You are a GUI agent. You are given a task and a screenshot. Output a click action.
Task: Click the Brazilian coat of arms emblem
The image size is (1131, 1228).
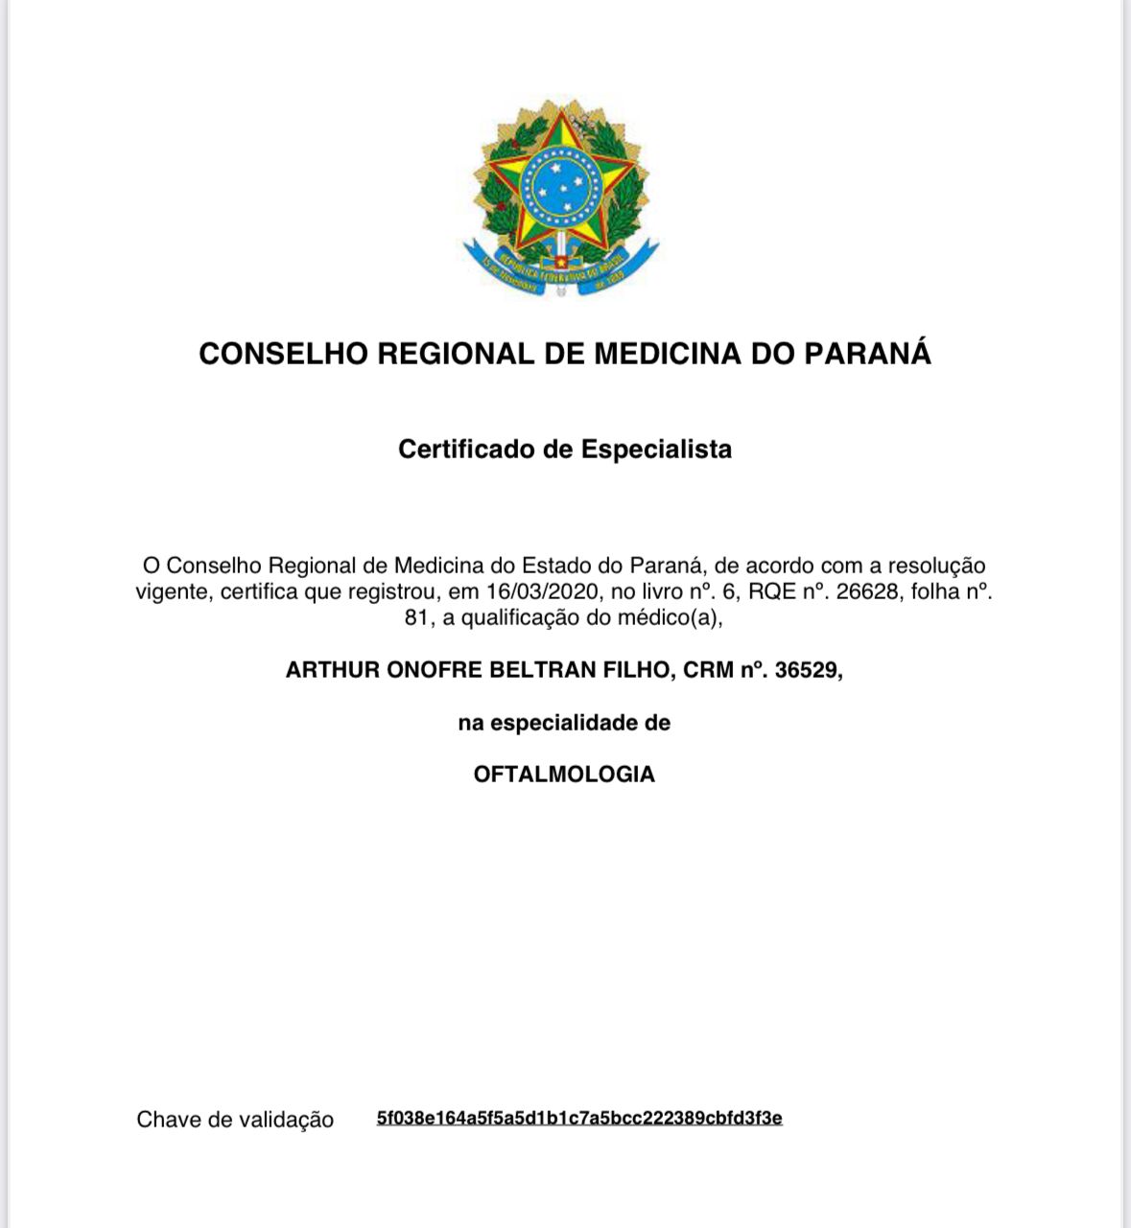561,197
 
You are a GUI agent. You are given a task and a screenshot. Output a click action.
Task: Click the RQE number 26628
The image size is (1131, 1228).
868,591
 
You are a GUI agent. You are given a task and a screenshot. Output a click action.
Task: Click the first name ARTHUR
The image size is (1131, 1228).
332,669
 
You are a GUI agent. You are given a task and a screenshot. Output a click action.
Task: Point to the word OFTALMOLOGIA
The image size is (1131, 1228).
564,774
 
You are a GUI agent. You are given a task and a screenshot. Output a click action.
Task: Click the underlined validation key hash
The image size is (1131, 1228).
579,1118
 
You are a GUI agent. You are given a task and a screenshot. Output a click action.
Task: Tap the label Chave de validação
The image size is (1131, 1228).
235,1120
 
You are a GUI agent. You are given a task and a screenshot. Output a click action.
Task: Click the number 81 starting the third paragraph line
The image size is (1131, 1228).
416,617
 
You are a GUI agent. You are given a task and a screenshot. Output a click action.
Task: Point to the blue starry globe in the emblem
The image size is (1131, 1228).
559,184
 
